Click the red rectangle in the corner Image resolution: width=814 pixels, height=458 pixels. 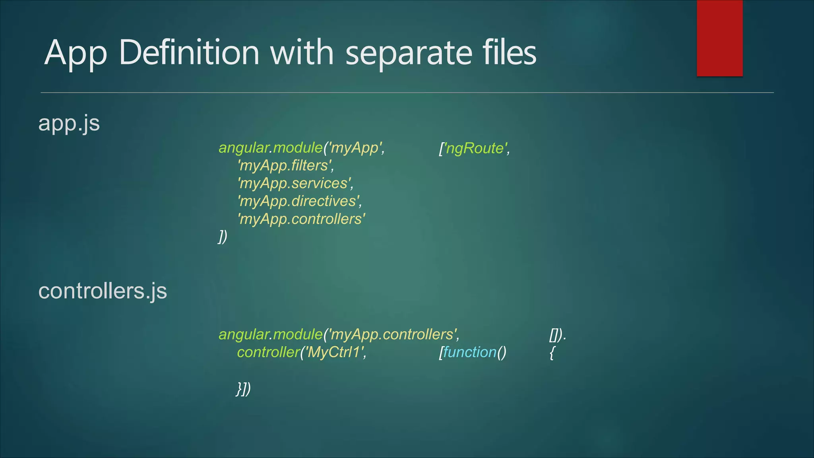click(719, 38)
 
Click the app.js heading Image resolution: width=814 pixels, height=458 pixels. click(69, 124)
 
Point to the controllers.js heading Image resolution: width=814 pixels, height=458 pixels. click(103, 291)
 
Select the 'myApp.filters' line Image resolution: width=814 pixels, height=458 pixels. click(285, 165)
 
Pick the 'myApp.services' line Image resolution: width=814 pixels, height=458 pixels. click(295, 183)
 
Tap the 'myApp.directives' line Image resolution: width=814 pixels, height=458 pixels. click(299, 201)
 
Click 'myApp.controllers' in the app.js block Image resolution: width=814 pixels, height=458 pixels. click(301, 219)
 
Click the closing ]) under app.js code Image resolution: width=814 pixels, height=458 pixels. click(223, 237)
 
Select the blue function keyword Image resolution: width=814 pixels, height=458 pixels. click(470, 352)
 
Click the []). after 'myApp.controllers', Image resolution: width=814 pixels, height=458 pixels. click(557, 335)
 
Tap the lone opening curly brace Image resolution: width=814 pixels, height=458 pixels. click(552, 353)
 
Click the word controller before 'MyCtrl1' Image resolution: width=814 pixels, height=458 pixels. click(268, 352)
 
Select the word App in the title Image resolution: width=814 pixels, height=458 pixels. click(76, 54)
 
